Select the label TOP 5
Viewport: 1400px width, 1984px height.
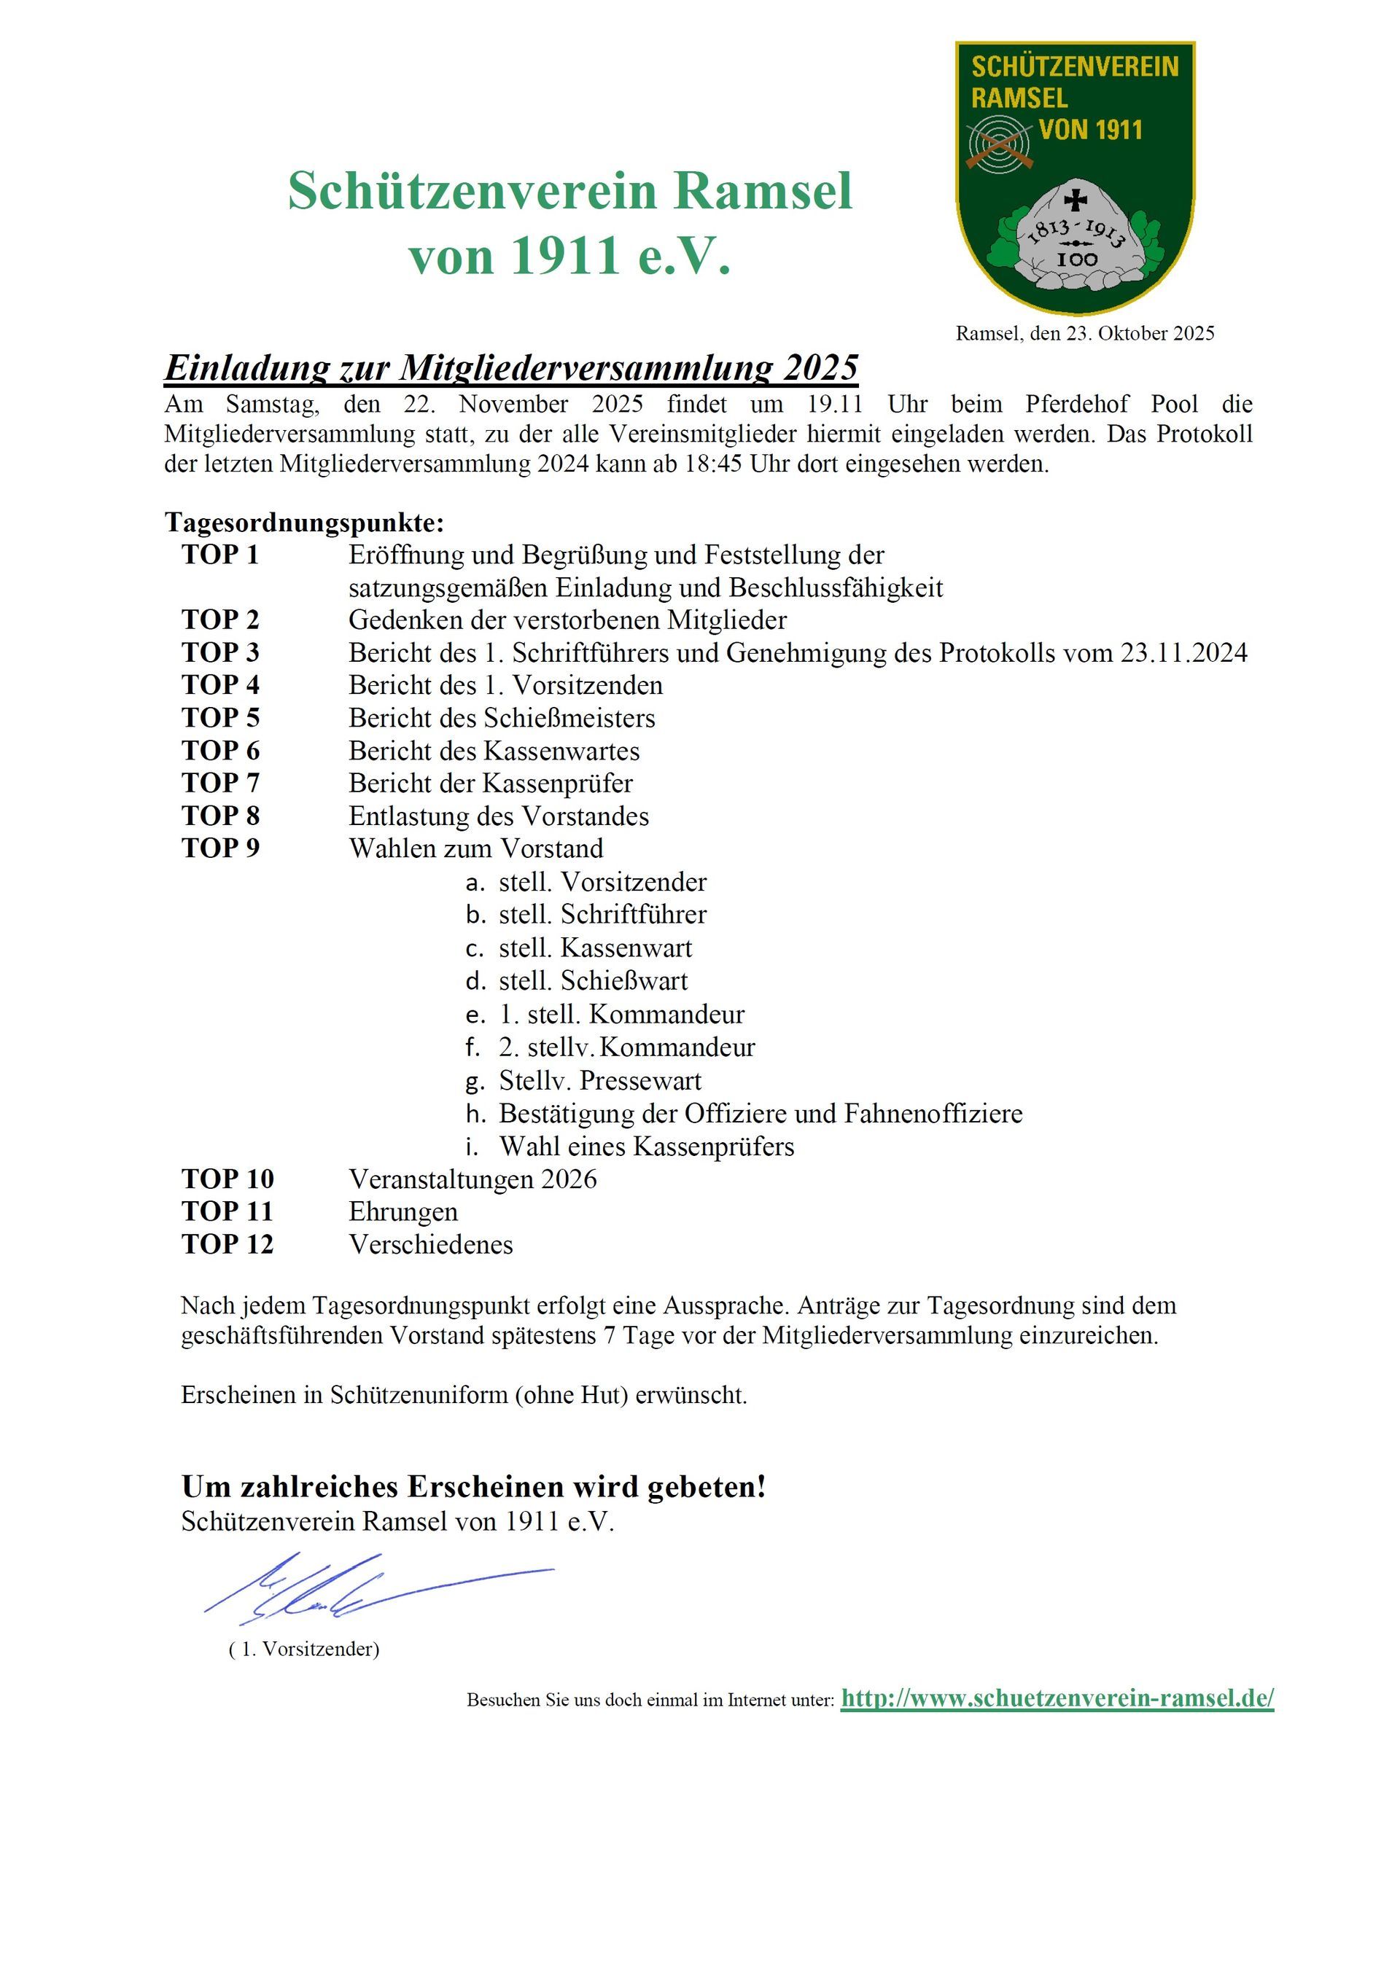pos(220,718)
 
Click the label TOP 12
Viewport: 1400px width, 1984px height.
pos(227,1244)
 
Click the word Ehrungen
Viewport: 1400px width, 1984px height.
pos(402,1211)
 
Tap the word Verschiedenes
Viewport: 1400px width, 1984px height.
pos(430,1244)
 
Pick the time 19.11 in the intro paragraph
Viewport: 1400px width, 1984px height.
pos(835,405)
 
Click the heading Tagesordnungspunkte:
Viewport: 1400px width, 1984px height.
pos(304,523)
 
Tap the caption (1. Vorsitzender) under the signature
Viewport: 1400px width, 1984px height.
pos(304,1649)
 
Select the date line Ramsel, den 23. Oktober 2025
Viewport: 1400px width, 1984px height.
pos(1084,334)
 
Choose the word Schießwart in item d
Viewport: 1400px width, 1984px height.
pos(624,981)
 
